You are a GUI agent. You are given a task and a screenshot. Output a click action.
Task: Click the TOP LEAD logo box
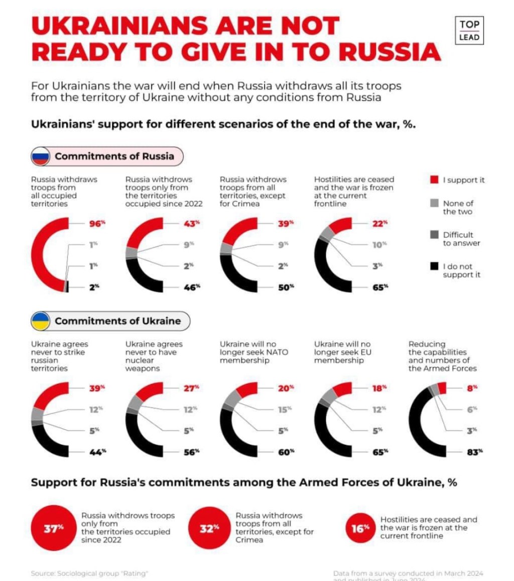point(469,30)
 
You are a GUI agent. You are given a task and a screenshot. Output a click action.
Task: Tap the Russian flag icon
point(40,156)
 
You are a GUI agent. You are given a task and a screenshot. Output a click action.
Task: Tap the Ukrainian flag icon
point(40,321)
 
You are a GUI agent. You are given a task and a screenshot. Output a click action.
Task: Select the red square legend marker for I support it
point(435,180)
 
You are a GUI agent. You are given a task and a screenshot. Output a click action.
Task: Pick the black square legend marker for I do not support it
point(435,266)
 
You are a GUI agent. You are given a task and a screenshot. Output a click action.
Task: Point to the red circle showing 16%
point(360,528)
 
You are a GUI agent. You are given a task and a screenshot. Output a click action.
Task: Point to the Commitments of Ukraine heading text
point(117,321)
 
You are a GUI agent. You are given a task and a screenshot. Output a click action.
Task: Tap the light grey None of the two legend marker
point(435,203)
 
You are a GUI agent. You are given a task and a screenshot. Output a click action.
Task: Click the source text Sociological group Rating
point(89,573)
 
